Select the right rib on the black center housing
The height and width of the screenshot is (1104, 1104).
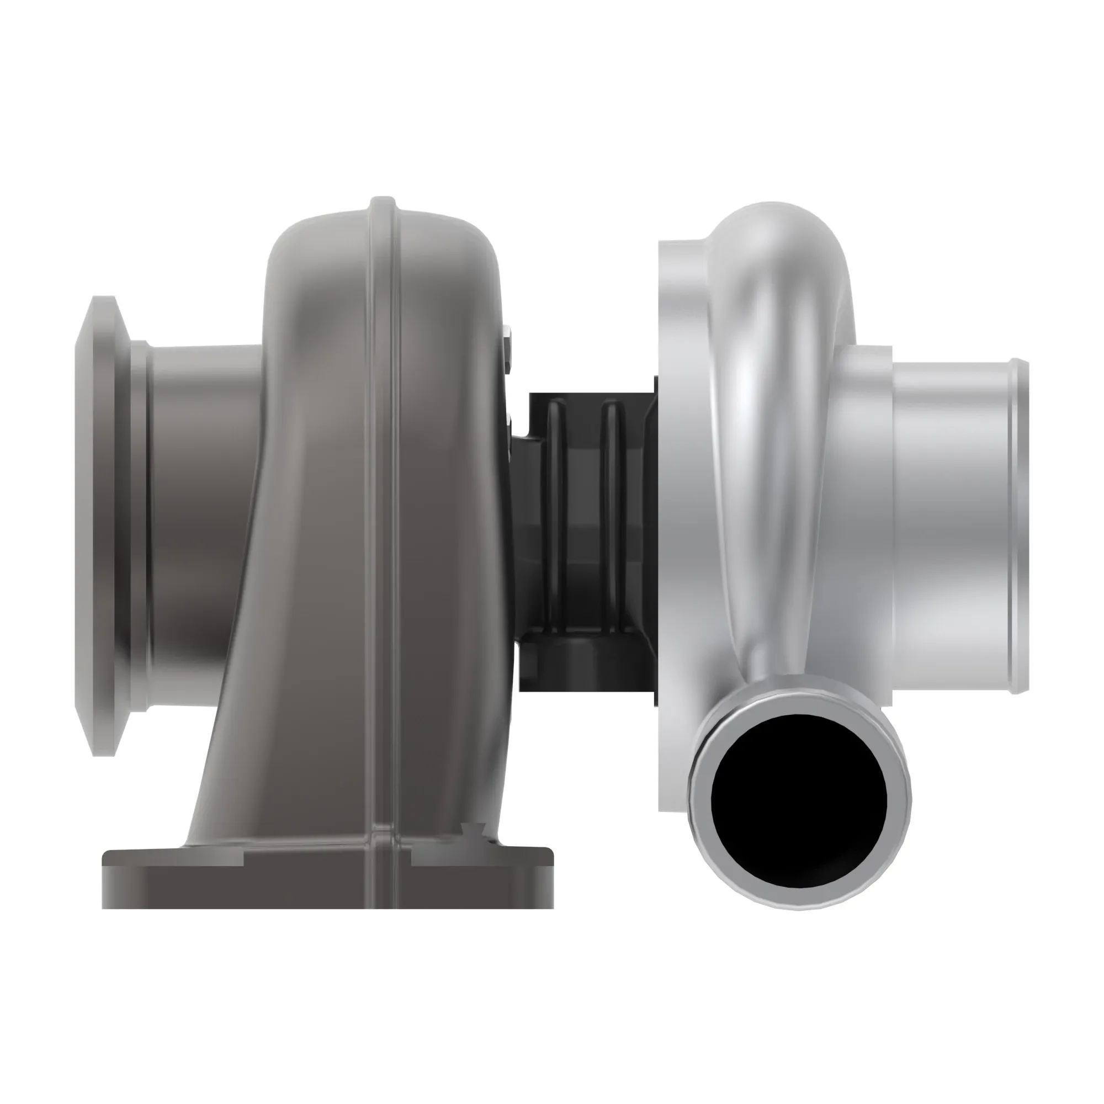[613, 514]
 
